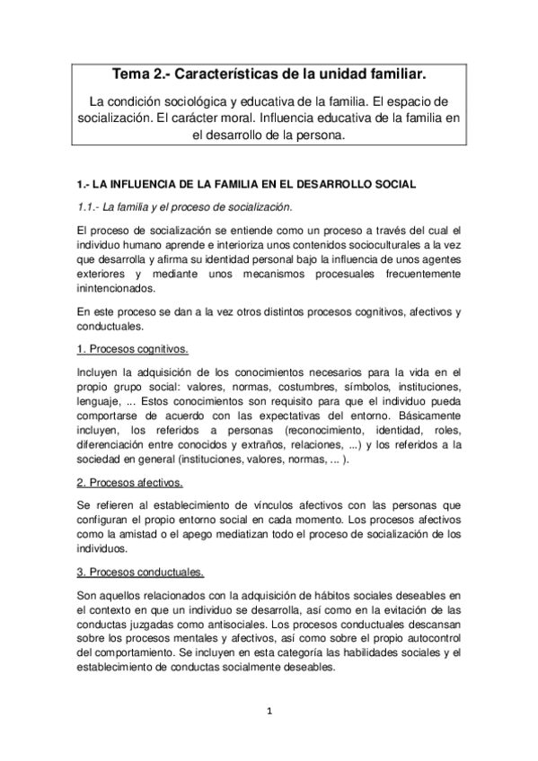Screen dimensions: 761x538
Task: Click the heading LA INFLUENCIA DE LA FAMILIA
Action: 246,184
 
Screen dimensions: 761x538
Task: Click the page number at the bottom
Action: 269,713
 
